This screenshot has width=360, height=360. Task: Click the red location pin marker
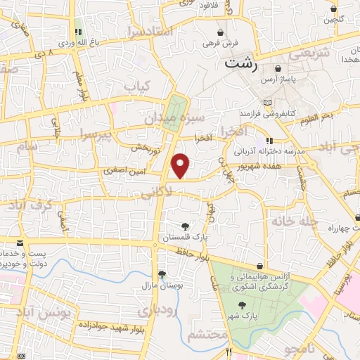[x=181, y=166]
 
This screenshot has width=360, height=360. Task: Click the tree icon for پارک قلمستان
[x=185, y=226]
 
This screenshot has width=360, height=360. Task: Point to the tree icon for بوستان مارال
[x=162, y=274]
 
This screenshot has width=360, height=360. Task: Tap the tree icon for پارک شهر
[x=243, y=305]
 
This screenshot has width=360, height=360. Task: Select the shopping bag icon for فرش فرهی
[x=221, y=32]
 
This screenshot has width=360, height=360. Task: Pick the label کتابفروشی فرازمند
[x=268, y=112]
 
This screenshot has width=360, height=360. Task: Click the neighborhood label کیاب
[x=139, y=86]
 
